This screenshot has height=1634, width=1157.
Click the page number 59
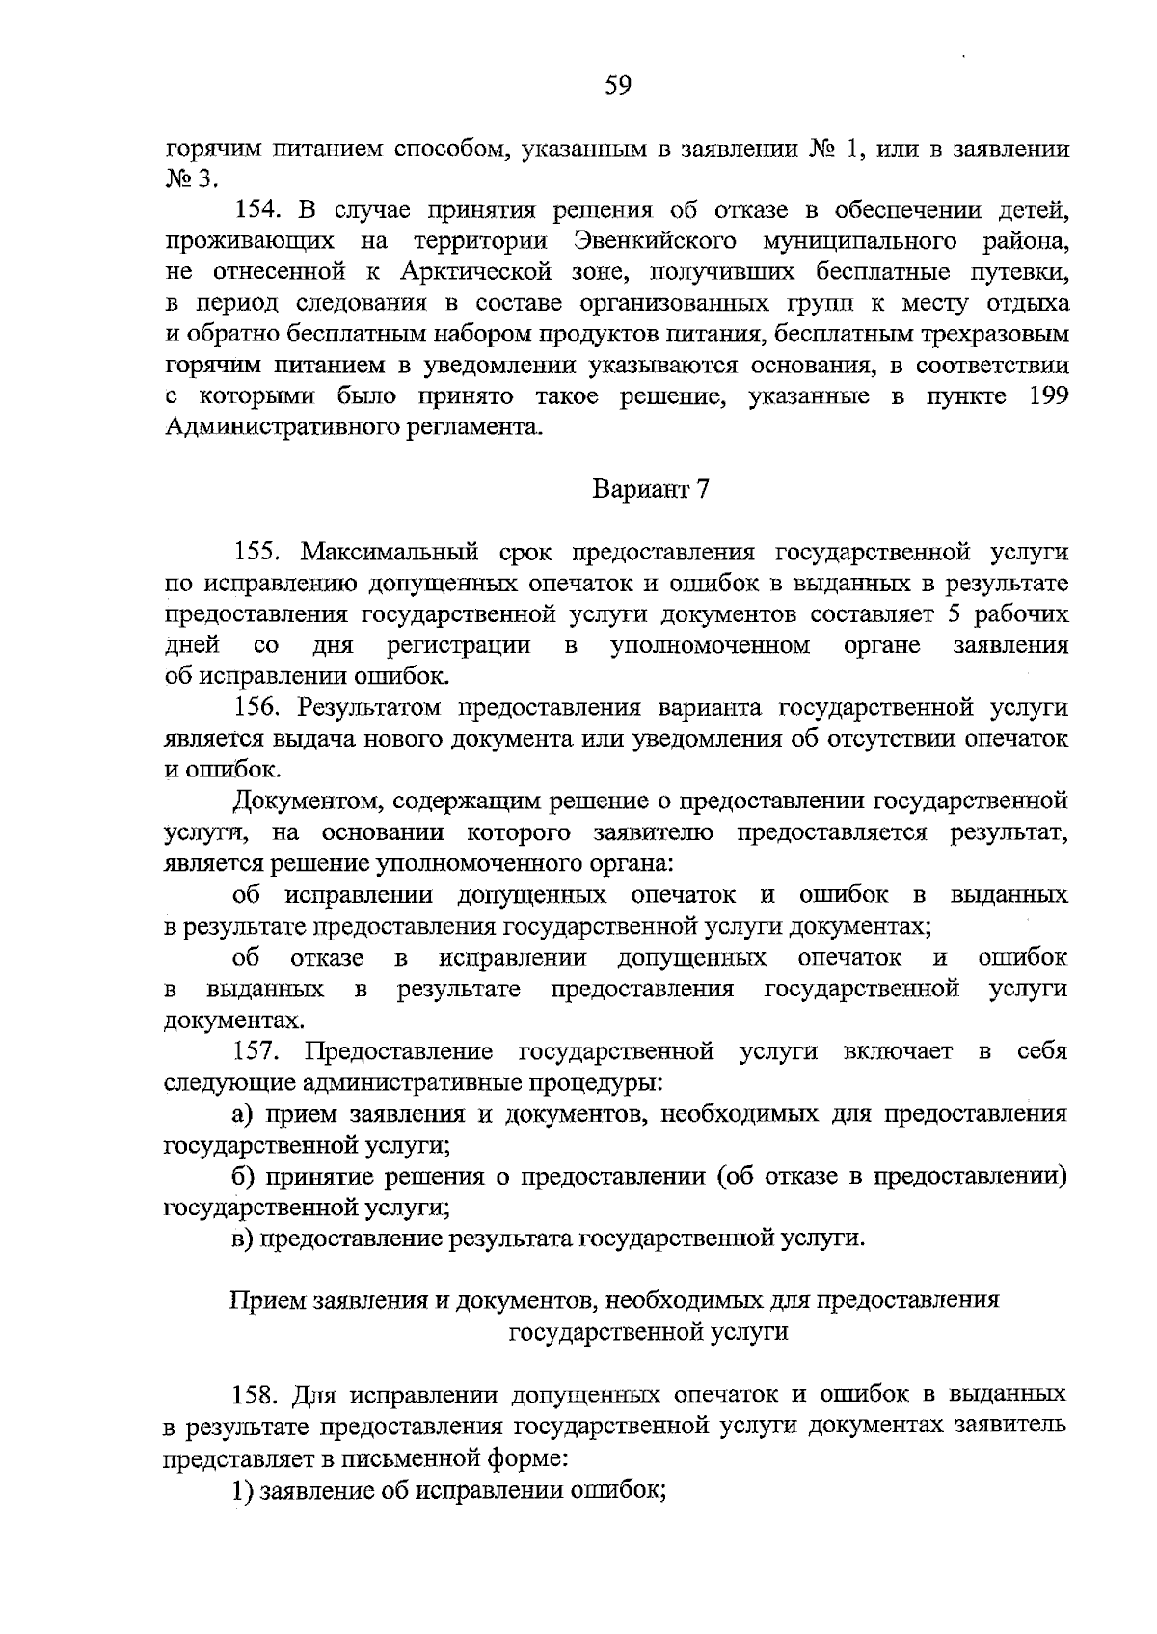tap(617, 86)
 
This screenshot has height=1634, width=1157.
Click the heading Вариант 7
tap(650, 490)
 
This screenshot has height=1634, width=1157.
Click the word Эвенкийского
tap(655, 241)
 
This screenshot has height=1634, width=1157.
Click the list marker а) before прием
tap(242, 1115)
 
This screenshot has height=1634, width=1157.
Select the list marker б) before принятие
tap(243, 1177)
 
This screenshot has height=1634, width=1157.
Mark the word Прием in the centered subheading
tap(260, 1301)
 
